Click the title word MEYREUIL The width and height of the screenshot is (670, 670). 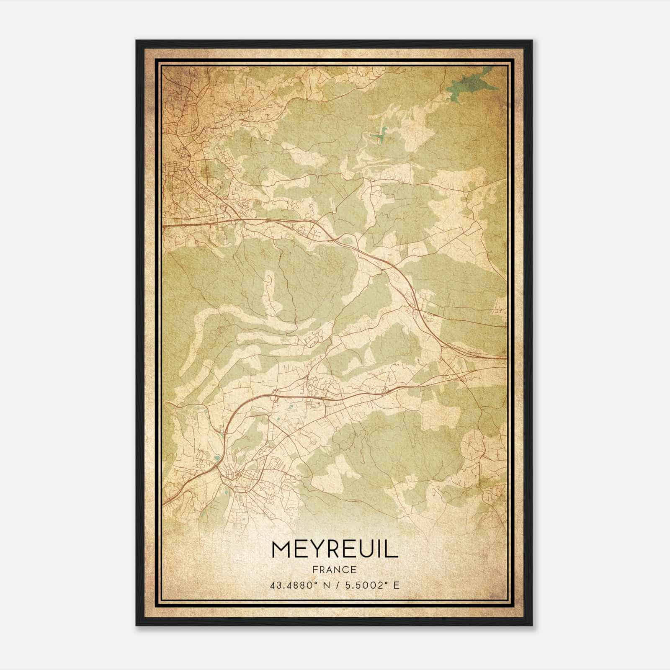coord(335,549)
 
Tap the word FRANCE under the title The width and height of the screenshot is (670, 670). coord(335,569)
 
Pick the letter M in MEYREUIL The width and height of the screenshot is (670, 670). coord(281,549)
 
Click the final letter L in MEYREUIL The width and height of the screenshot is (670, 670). coord(392,549)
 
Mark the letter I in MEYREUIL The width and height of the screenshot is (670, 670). coord(379,549)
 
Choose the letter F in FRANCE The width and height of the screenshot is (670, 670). coord(314,569)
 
